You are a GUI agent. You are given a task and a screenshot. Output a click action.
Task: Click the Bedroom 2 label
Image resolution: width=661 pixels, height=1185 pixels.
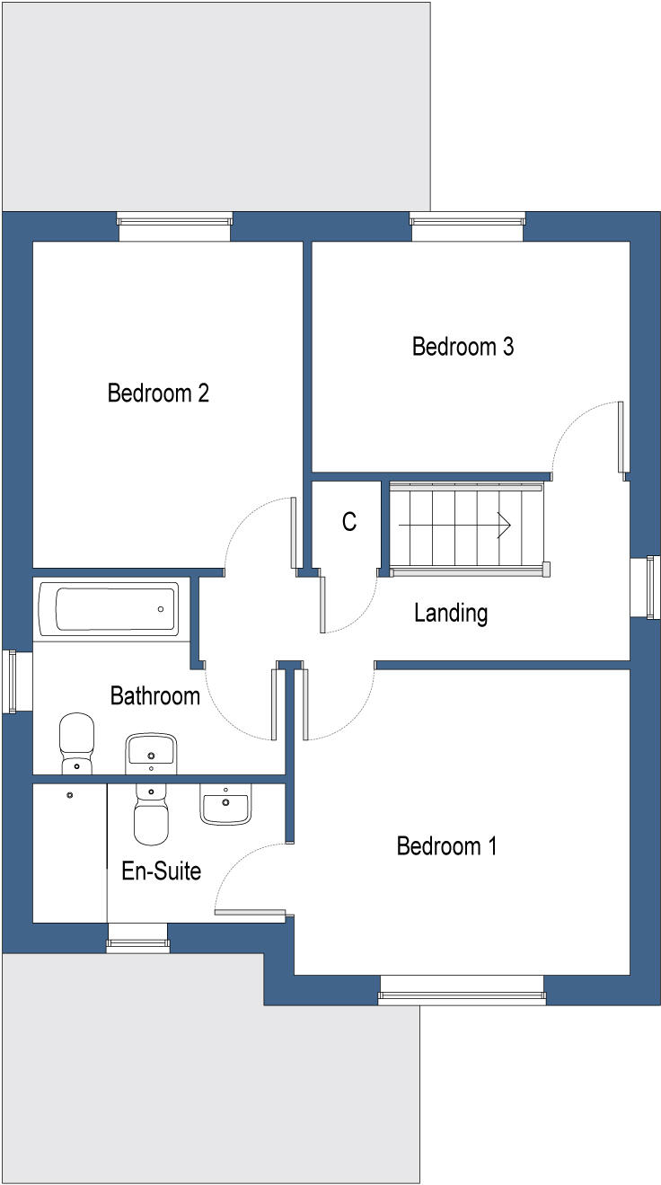[x=158, y=393]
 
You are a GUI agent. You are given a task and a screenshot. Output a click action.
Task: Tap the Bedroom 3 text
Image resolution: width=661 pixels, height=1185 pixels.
[x=463, y=347]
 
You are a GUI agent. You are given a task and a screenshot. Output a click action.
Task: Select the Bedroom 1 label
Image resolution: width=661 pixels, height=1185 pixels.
[x=446, y=846]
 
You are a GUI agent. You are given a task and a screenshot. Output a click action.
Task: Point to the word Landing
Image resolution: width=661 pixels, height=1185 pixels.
[x=451, y=614]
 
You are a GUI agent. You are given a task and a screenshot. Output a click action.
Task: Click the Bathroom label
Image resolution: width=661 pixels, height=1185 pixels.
[x=154, y=695]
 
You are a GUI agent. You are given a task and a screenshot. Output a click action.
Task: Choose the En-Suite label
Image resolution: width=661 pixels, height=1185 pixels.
[x=162, y=871]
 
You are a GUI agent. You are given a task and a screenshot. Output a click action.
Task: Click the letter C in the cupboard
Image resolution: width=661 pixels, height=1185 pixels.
[x=349, y=522]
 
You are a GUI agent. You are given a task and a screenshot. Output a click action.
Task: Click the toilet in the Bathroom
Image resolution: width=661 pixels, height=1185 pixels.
[x=76, y=742]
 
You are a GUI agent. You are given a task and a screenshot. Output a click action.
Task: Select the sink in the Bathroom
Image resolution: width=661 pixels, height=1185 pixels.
[x=151, y=751]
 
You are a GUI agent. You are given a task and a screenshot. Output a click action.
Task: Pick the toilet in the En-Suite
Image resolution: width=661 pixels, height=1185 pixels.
[x=151, y=814]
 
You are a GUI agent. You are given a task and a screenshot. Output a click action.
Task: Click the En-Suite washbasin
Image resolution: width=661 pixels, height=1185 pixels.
[x=225, y=804]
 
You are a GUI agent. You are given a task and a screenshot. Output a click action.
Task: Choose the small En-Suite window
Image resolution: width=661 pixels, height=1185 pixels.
[x=137, y=943]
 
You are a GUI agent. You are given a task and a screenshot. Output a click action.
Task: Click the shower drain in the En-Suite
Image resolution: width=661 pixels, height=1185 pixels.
[x=70, y=794]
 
